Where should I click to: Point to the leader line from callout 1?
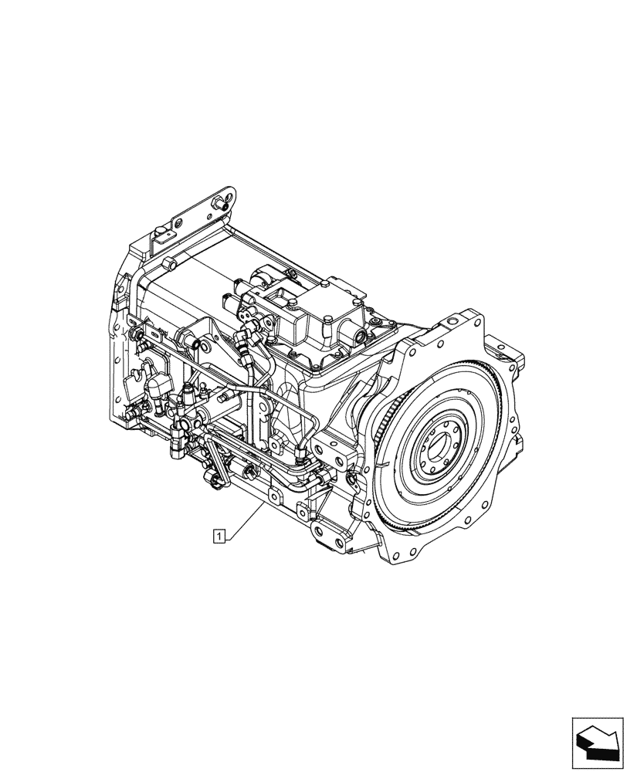[246, 516]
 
